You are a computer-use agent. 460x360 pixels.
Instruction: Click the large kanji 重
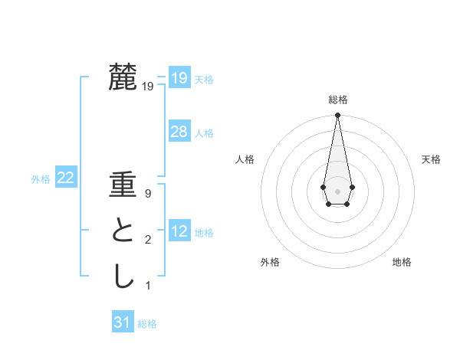(x=123, y=186)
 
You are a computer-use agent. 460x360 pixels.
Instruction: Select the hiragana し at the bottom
(x=123, y=276)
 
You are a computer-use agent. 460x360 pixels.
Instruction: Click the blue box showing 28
(x=179, y=132)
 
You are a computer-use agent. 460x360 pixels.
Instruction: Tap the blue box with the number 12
(x=179, y=231)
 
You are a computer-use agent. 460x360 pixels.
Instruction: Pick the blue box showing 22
(x=65, y=178)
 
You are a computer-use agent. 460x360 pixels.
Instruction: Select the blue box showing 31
(x=122, y=322)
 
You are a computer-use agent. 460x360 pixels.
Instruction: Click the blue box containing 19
(x=179, y=77)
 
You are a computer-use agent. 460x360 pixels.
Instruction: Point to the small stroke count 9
(x=148, y=194)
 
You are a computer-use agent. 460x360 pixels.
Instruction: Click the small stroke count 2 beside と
(x=148, y=241)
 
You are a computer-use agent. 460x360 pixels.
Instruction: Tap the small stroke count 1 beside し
(x=148, y=286)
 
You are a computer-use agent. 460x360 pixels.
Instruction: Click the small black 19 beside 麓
(x=148, y=87)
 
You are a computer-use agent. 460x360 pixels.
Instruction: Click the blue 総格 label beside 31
(x=147, y=324)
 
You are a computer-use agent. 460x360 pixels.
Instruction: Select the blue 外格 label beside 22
(x=41, y=180)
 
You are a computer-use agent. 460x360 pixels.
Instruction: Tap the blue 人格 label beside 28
(x=204, y=133)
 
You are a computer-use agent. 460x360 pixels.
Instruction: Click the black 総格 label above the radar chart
(x=337, y=100)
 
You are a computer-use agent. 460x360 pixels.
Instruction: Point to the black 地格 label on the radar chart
(x=402, y=262)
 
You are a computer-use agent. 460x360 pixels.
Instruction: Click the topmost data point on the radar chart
(x=337, y=115)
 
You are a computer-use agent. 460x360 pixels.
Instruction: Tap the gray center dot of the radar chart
(x=337, y=190)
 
